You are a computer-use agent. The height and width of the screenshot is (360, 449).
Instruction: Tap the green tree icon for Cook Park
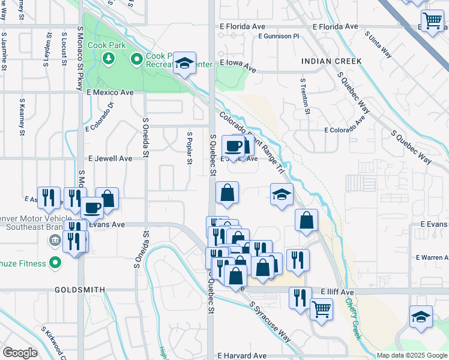(x=109, y=58)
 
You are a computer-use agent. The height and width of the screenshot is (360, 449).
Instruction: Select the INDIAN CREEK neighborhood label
(x=331, y=61)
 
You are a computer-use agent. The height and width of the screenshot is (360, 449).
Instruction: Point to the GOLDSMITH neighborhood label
(x=80, y=289)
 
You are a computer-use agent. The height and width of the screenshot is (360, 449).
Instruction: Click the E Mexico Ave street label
(x=110, y=92)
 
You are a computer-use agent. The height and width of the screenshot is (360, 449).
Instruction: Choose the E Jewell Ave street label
(x=110, y=158)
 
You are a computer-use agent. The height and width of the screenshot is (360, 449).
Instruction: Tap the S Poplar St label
(x=190, y=148)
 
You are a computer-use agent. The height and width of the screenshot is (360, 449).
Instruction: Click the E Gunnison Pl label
(x=278, y=36)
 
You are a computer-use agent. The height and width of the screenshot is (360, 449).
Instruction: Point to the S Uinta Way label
(x=378, y=45)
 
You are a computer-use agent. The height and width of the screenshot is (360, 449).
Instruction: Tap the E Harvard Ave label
(x=242, y=355)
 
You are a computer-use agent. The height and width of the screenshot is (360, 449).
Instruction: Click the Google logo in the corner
(x=20, y=353)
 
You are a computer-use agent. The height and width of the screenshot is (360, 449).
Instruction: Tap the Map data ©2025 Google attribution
(x=411, y=355)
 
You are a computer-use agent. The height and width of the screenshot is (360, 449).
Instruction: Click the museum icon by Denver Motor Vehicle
(x=55, y=241)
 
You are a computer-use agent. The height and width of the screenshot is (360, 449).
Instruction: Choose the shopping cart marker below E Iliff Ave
(x=322, y=309)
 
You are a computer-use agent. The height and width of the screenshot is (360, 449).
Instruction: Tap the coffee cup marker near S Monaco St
(x=92, y=208)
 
